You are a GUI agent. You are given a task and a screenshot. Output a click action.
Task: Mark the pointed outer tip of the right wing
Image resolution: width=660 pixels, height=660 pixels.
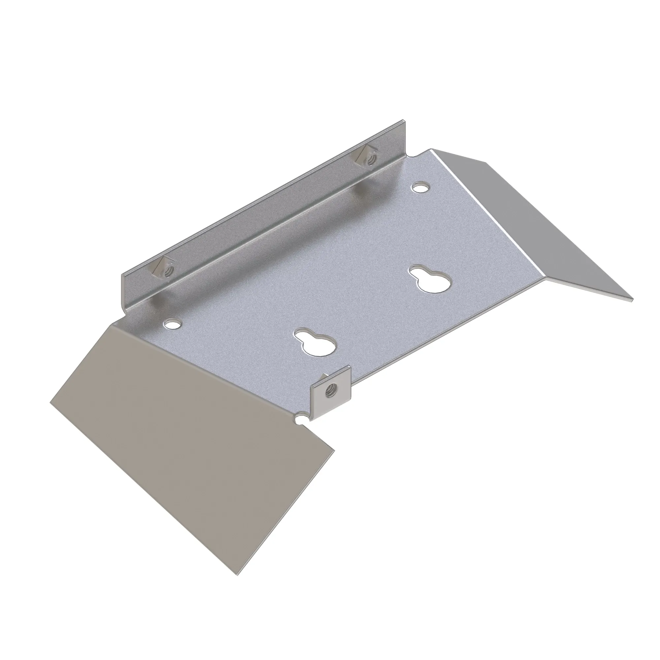(632, 300)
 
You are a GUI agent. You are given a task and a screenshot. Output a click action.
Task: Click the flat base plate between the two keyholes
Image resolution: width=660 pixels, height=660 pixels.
(372, 308)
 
